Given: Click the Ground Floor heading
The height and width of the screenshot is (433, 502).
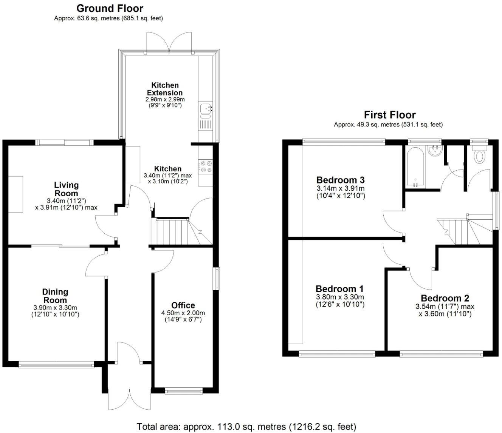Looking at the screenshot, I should click(x=110, y=8).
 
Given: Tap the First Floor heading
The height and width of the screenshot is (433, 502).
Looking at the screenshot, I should click(x=389, y=115).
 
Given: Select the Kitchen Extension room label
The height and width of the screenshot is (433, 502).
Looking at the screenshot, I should click(x=165, y=89).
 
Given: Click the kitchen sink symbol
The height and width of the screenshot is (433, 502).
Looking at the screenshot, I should click(x=206, y=108).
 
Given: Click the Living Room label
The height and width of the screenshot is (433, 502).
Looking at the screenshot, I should click(x=66, y=189).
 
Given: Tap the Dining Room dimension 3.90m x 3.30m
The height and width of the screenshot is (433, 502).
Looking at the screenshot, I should click(x=55, y=308).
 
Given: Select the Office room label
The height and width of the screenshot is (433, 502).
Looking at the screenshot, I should click(x=183, y=305).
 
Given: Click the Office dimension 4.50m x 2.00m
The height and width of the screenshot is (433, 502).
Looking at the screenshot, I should click(x=183, y=313).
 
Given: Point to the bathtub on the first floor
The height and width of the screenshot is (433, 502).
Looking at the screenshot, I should click(x=415, y=166).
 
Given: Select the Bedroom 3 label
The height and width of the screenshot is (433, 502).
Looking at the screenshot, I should click(x=340, y=180).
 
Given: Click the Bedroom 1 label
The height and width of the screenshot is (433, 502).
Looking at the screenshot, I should click(x=339, y=289).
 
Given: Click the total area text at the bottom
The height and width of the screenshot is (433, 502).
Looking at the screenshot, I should click(x=246, y=427).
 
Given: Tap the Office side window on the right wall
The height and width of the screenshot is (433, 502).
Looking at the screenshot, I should click(x=217, y=279).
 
